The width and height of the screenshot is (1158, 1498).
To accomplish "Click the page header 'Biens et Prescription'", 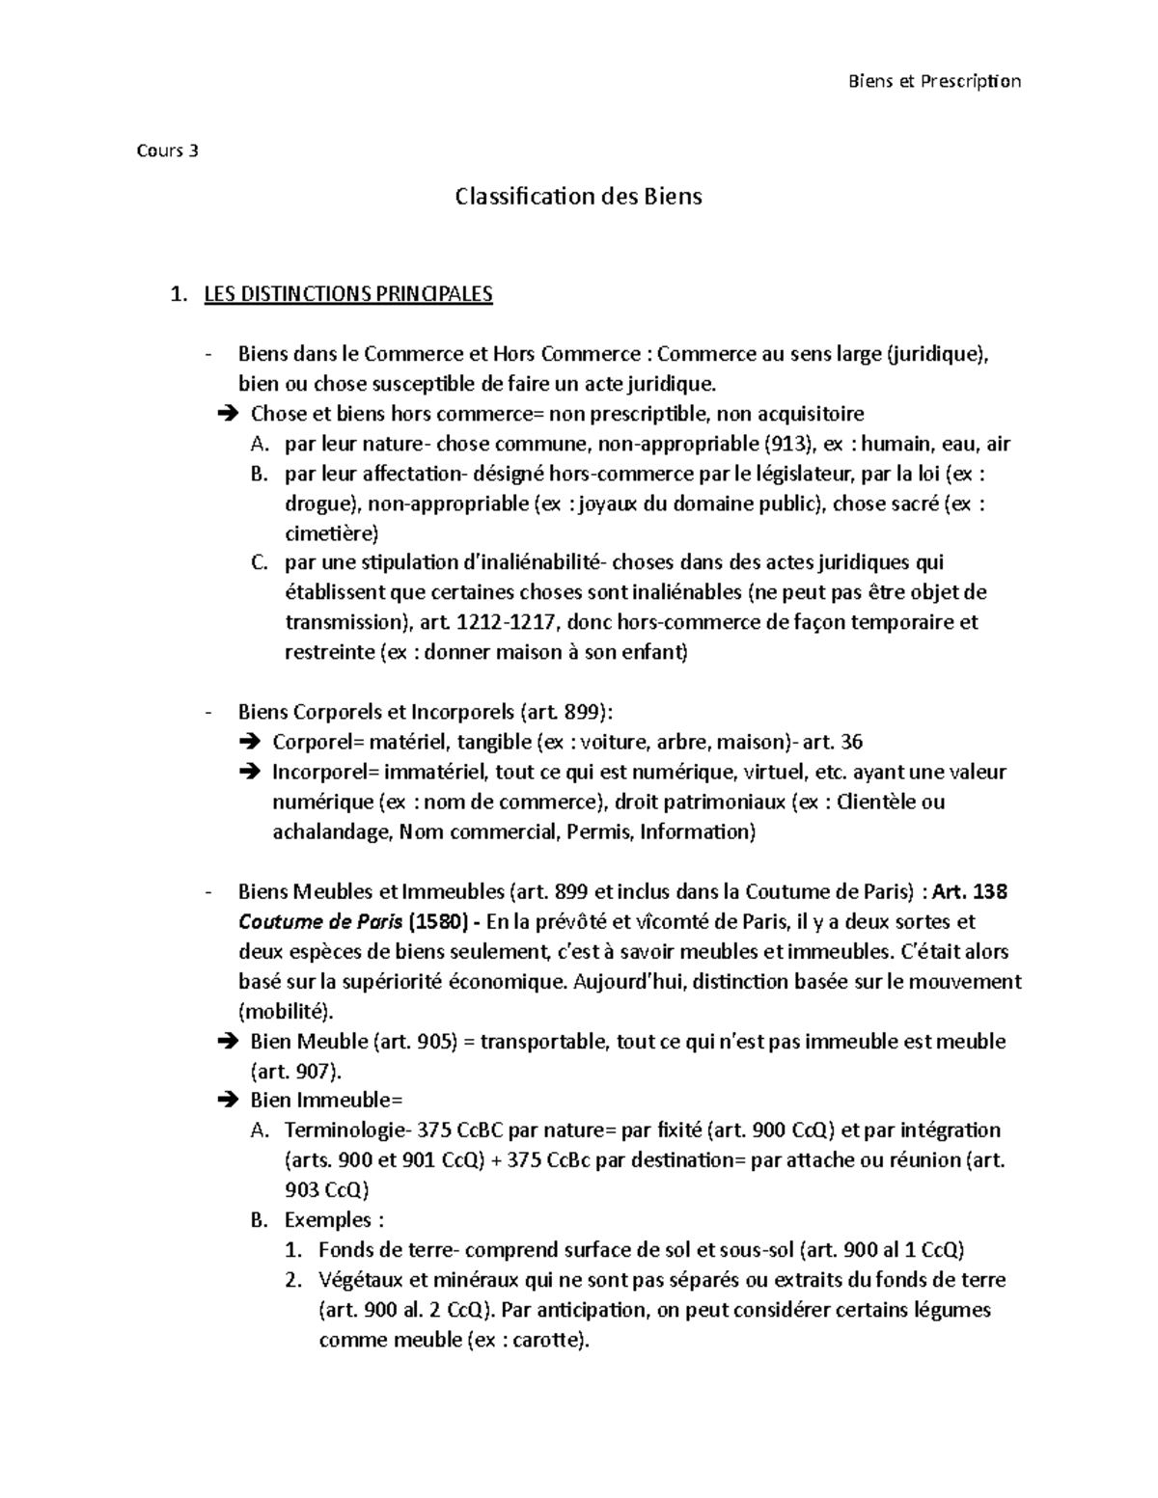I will (933, 81).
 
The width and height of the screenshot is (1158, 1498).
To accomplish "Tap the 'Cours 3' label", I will (170, 150).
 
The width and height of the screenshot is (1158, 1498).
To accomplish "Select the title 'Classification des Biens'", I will (578, 197).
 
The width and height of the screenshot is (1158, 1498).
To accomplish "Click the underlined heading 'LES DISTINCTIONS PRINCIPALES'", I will (347, 294).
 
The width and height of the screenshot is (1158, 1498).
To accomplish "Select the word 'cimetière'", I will (328, 533).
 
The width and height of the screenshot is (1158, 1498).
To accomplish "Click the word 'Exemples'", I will (326, 1220).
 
